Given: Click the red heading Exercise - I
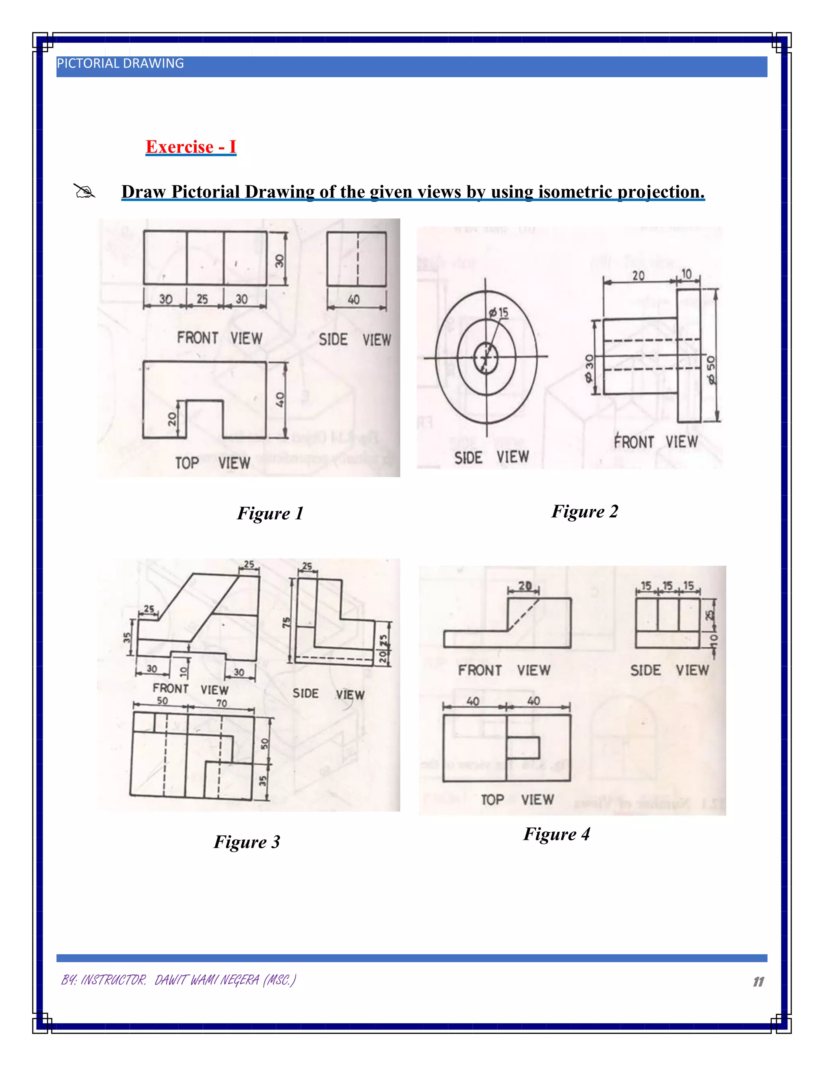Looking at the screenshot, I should tap(191, 147).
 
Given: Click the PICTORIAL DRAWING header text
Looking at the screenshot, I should tap(120, 64).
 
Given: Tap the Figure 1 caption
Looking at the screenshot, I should tap(270, 513).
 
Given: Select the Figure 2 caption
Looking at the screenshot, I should tap(584, 512).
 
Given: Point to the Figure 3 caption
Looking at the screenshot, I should tap(247, 842).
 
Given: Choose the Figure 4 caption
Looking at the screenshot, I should tap(556, 834).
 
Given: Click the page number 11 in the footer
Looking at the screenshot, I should tap(758, 982).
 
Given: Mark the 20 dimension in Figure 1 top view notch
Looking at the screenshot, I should tap(172, 419).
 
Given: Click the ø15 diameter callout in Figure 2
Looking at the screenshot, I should tap(499, 313).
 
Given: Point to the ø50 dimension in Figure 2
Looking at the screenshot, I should tap(711, 370).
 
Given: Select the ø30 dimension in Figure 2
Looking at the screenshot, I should tap(590, 368).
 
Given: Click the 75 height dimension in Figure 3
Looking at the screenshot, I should tap(286, 622).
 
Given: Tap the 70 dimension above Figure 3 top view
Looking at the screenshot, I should tap(222, 703).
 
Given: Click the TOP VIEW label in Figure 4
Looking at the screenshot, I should tap(517, 800).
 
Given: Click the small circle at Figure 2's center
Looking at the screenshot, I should tap(486, 358).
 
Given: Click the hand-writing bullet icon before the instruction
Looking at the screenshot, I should tap(84, 191).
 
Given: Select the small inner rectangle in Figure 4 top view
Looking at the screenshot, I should tap(522, 748).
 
